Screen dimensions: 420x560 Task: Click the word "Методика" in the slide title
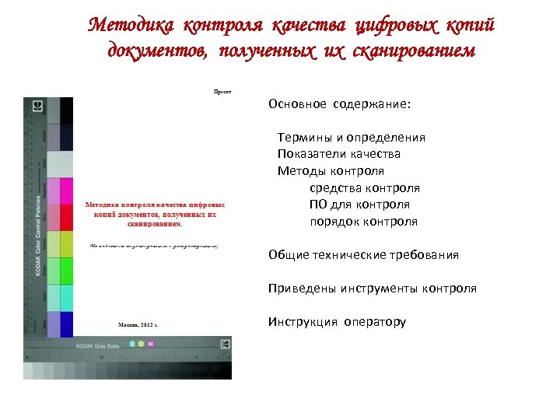tap(131, 26)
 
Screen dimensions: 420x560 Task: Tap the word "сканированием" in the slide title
tap(415, 52)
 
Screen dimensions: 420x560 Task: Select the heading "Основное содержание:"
tap(340, 103)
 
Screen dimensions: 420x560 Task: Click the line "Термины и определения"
tap(352, 138)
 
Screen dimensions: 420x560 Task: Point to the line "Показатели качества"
tap(339, 154)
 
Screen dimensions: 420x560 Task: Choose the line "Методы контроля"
tap(331, 171)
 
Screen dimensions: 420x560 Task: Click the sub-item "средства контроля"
tap(364, 188)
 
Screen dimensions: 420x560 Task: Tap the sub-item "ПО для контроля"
tap(359, 205)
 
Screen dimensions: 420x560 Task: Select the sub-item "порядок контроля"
tap(363, 222)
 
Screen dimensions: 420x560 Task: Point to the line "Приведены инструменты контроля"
tap(372, 289)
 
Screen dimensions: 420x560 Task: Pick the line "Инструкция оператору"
tap(337, 322)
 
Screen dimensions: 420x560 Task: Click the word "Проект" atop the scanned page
tap(222, 91)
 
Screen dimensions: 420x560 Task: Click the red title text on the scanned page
tap(150, 205)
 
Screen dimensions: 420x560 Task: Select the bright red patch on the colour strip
tap(66, 218)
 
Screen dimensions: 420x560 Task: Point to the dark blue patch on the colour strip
tap(66, 324)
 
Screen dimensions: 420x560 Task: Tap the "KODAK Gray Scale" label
tap(96, 345)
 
